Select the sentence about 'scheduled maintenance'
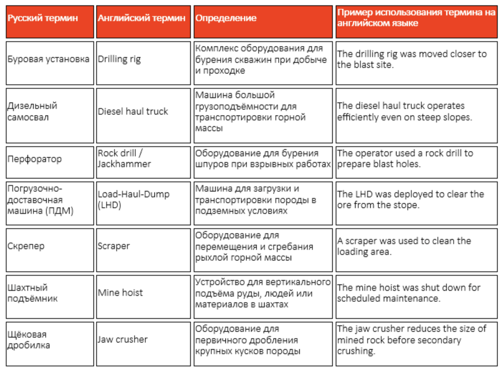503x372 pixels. [x=408, y=293]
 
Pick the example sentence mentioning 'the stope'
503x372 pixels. [x=410, y=199]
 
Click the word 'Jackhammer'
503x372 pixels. [x=124, y=164]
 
